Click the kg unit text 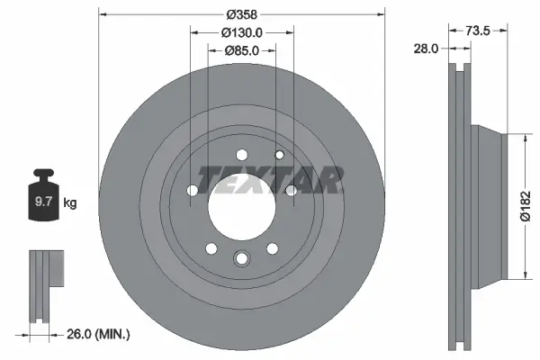coord(70,202)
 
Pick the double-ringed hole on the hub coord(240,259)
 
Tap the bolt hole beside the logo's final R coord(291,190)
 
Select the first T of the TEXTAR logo coord(208,180)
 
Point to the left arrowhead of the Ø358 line coord(101,14)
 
